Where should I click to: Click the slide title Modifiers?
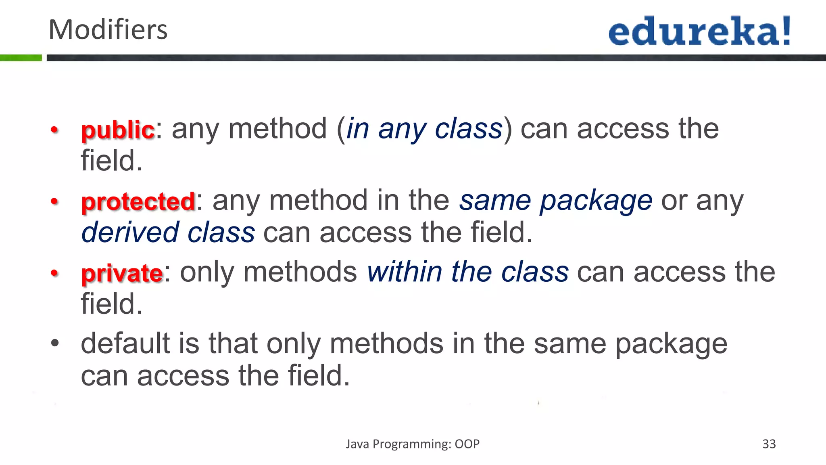coord(108,30)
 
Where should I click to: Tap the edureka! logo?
coord(699,31)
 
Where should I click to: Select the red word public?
coord(118,130)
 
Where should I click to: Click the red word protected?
coord(138,201)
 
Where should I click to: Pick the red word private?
coord(122,273)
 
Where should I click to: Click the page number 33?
coord(769,444)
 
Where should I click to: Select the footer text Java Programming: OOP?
coord(413,444)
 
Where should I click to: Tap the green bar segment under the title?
coord(21,58)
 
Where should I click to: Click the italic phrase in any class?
coord(424,129)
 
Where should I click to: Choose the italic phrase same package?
coord(555,201)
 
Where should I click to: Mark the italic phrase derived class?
coord(168,232)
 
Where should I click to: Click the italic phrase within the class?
coord(467,272)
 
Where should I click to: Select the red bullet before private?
coord(55,273)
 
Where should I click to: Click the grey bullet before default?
coord(55,344)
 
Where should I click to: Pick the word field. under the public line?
coord(112,161)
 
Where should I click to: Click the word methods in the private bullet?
coord(300,272)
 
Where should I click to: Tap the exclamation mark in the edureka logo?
coord(786,31)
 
